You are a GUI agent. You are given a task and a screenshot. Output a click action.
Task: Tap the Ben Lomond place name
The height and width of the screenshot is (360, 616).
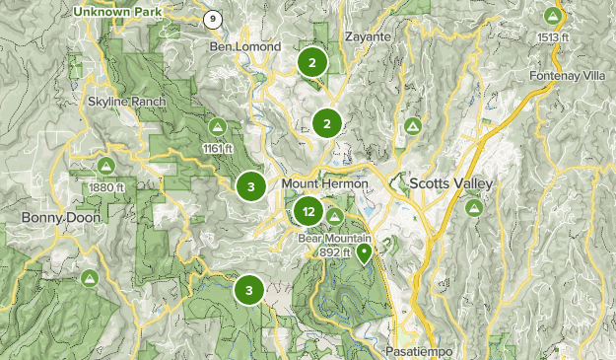(x=245, y=46)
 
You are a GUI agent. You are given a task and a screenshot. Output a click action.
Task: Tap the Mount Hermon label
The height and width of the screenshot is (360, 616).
(x=324, y=184)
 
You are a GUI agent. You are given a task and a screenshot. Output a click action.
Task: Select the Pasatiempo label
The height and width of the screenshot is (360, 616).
(x=414, y=350)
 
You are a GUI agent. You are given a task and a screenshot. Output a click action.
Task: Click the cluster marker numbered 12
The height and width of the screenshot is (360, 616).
(x=309, y=211)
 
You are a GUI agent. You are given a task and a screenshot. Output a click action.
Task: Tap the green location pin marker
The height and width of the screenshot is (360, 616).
(x=365, y=253)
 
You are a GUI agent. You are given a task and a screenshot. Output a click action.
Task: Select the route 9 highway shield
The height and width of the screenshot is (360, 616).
(x=212, y=19)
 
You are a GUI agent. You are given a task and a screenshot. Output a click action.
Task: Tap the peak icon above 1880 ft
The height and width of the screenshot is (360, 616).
(x=105, y=166)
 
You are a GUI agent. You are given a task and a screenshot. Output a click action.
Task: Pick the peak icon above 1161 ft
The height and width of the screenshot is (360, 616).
(x=217, y=126)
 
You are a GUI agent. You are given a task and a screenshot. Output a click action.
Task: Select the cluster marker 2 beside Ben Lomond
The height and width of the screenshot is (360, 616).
(x=312, y=63)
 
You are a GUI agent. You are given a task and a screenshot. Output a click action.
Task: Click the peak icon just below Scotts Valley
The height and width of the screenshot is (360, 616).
(x=474, y=208)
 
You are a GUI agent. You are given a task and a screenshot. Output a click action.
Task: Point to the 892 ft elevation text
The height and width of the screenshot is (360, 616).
(x=336, y=252)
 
